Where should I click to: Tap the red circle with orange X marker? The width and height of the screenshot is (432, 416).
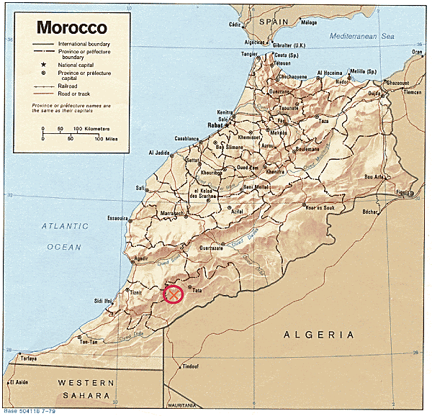(x=174, y=294)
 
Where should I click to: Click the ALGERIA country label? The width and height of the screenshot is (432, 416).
(x=319, y=335)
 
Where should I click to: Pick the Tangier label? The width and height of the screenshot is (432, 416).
(x=249, y=54)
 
